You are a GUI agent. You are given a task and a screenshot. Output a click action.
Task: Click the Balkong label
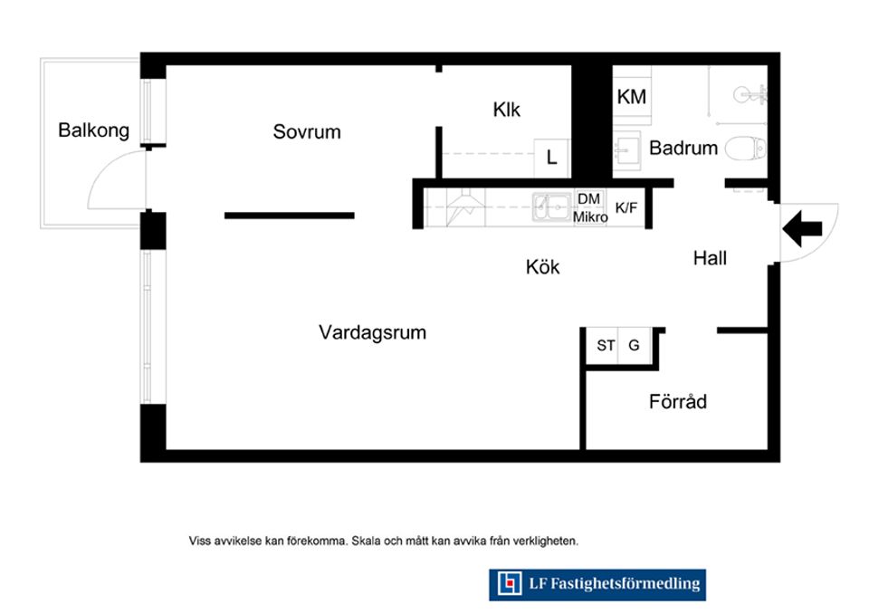point(93,130)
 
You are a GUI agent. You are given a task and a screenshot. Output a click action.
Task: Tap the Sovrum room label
point(307,132)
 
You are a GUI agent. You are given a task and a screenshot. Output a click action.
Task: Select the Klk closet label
point(507,110)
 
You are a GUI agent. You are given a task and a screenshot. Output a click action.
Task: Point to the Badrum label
point(683,149)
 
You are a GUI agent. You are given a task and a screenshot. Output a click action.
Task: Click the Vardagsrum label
point(372,332)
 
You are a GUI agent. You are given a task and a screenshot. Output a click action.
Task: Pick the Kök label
point(542,267)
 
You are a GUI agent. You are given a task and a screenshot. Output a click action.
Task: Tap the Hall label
point(710,258)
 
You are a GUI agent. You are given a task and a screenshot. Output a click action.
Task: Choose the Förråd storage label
point(678,401)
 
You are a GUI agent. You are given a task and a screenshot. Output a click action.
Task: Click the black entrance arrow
point(803,228)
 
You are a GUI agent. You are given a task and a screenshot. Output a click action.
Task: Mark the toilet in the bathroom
point(746,149)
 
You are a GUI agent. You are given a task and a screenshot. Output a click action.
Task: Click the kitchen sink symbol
point(551,207)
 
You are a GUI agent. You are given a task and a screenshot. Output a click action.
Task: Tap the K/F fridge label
point(626,208)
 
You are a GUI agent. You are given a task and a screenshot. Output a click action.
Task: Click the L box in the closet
point(551,158)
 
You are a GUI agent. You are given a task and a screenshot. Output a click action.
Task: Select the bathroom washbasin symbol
point(626,150)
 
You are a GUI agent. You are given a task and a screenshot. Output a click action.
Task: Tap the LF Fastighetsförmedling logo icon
point(510,583)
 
